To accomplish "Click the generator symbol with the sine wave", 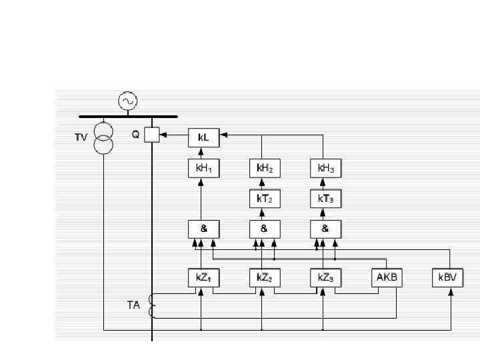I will point(127,101).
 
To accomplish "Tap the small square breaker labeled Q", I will point(152,135).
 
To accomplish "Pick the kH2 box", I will point(264,169).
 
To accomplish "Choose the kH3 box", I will point(325,169).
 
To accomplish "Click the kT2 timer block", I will point(264,199).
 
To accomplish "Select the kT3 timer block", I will point(325,199).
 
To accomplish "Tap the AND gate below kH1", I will point(203,229).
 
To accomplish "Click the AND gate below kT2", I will point(264,229).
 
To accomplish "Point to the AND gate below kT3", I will point(325,229).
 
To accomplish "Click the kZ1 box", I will point(203,277).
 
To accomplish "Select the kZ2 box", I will point(264,277).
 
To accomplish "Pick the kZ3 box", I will point(325,277).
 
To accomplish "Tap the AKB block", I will point(387,277).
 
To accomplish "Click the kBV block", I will point(447,277).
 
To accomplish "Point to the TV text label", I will point(81,138).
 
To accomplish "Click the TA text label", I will point(134,306).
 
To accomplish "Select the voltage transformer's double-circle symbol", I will point(104,137).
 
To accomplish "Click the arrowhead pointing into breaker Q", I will point(164,135).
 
